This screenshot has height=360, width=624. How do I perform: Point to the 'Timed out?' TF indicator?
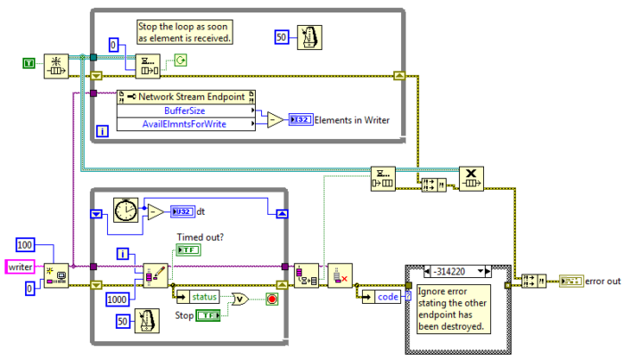point(189,251)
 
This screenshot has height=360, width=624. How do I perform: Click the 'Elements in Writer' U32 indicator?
point(300,119)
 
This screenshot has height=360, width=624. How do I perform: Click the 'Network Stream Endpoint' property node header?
point(186,96)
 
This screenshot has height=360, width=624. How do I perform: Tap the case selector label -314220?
point(455,270)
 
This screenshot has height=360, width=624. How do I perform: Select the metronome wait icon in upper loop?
point(308,37)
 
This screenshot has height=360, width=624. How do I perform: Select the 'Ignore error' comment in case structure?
point(454,307)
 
